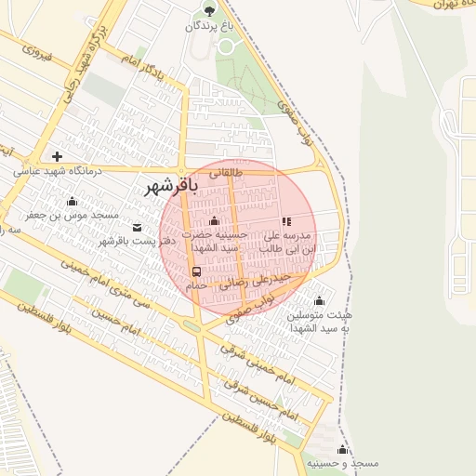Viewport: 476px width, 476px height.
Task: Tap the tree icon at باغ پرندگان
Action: point(208,11)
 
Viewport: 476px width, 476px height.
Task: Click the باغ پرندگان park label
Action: point(208,27)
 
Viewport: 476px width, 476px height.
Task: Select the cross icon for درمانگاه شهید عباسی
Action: point(58,156)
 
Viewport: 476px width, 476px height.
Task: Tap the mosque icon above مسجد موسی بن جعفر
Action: point(72,201)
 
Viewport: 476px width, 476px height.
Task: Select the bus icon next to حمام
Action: point(196,271)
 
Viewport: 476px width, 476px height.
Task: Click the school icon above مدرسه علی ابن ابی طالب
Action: point(286,222)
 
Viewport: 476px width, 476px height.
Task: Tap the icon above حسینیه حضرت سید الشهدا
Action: point(216,221)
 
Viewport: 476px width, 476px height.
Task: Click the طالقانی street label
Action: point(228,172)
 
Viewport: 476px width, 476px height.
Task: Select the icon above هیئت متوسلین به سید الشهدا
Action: point(320,300)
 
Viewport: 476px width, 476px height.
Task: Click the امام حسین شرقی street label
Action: point(264,394)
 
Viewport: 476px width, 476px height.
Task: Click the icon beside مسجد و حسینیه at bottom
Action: point(342,450)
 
